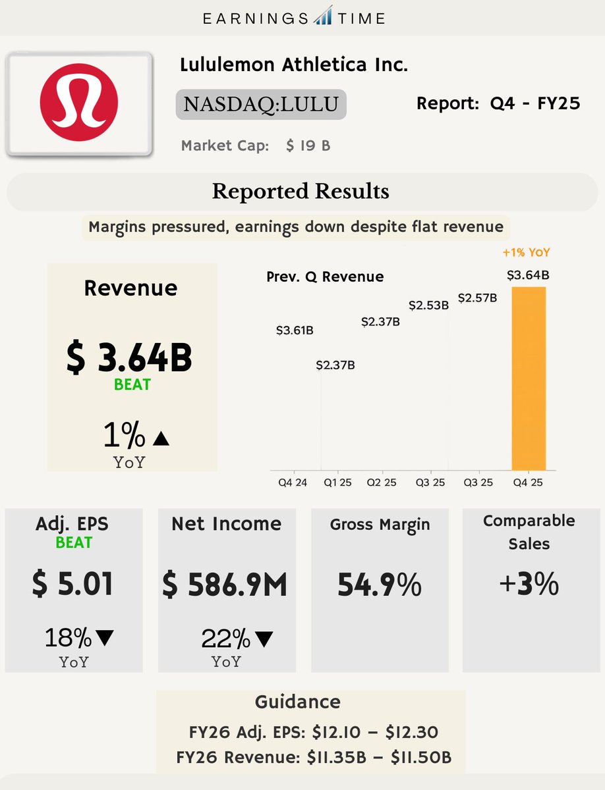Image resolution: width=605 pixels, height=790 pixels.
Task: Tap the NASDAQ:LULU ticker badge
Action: (x=260, y=105)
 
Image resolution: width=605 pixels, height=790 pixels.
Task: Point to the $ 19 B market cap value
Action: (x=308, y=145)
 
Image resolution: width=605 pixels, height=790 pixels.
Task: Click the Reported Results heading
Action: (x=301, y=192)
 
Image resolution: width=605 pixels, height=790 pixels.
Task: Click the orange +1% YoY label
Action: (x=525, y=252)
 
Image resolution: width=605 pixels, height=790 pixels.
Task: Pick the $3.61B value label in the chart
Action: (x=294, y=330)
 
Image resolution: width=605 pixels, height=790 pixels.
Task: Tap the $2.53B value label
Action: (x=428, y=305)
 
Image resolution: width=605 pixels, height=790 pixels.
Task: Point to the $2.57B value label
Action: (x=477, y=298)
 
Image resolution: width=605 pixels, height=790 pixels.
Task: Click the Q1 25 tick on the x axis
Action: (x=337, y=483)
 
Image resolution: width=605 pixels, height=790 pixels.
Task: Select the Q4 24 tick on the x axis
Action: (x=292, y=483)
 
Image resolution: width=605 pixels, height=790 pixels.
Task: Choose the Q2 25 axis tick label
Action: (x=382, y=483)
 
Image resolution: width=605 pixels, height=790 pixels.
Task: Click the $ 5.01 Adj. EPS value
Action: (x=72, y=585)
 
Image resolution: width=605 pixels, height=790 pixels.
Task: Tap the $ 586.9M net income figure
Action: (x=225, y=585)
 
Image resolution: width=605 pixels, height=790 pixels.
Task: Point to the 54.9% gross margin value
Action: (x=379, y=585)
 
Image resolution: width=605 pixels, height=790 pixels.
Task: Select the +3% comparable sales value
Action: (x=529, y=585)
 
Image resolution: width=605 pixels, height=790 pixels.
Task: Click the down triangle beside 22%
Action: (x=264, y=639)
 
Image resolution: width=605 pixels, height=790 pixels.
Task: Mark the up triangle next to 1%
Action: (x=161, y=438)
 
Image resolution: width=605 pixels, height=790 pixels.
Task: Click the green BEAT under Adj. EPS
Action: (x=74, y=543)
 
